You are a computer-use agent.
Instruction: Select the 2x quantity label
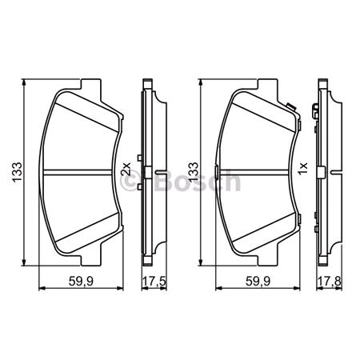point(125,171)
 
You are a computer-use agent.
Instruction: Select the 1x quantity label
point(302,171)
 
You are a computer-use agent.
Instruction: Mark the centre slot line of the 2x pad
point(80,173)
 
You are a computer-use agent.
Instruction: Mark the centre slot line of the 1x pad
point(258,173)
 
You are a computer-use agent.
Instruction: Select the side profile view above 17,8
point(323,173)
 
